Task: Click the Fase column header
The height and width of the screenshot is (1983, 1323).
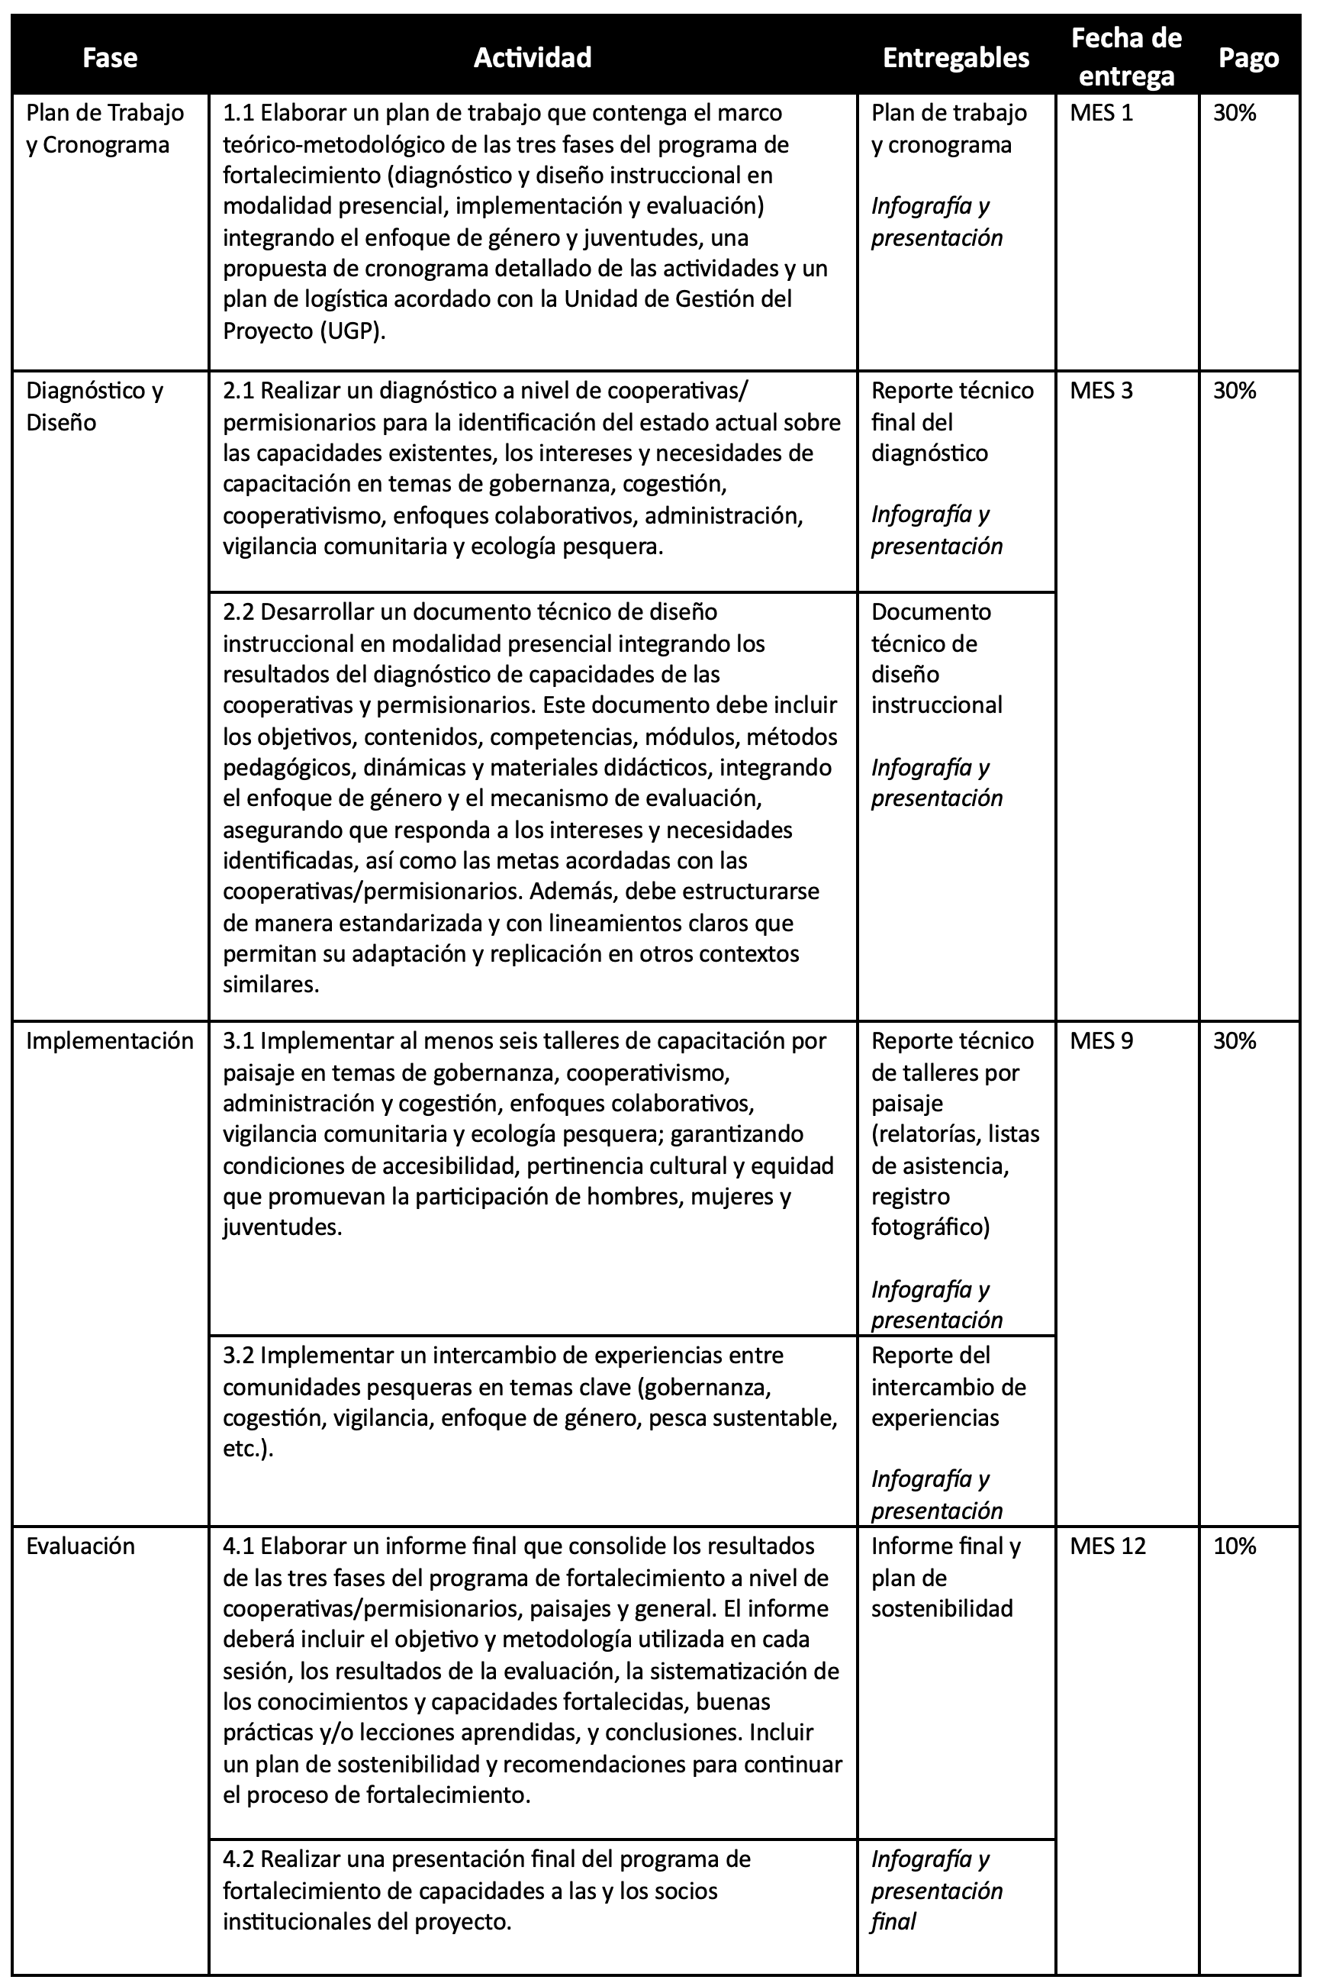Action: pyautogui.click(x=110, y=57)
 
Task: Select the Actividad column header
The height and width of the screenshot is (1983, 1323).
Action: pyautogui.click(x=533, y=57)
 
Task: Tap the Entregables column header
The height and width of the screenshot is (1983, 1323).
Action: pyautogui.click(x=956, y=57)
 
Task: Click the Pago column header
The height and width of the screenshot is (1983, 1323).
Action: pyautogui.click(x=1249, y=57)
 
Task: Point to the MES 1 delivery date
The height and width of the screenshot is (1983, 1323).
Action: pyautogui.click(x=1101, y=113)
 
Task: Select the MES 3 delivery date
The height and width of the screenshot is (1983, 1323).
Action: pyautogui.click(x=1101, y=391)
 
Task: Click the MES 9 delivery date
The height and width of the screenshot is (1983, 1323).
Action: pyautogui.click(x=1101, y=1041)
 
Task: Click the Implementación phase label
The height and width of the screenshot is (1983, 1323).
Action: pyautogui.click(x=110, y=1041)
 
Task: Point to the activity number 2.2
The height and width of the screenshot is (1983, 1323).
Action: pyautogui.click(x=239, y=612)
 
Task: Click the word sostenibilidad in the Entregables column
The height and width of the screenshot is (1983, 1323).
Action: pyautogui.click(x=942, y=1609)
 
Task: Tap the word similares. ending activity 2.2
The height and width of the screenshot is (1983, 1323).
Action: pyautogui.click(x=271, y=985)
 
